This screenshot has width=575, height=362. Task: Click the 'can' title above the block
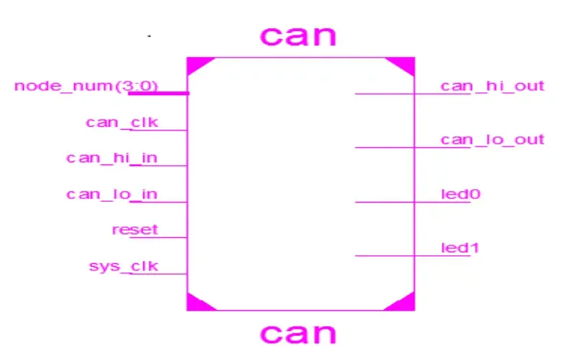pos(298,36)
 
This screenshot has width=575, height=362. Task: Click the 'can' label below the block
pos(298,333)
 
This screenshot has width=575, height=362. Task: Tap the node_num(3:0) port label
pos(86,87)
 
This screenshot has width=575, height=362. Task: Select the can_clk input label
pos(122,123)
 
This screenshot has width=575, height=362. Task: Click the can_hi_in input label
pos(112,158)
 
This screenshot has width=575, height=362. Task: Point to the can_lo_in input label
pos(112,194)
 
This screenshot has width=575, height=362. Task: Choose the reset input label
pos(135,230)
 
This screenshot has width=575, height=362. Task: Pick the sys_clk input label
pos(124,266)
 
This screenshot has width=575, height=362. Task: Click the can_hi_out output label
pos(492,86)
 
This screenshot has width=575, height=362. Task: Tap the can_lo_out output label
pos(492,140)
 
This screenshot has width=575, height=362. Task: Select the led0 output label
pos(460,194)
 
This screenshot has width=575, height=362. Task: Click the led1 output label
pos(460,248)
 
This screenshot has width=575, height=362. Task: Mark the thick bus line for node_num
pos(159,94)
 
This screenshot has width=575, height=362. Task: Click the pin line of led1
pos(413,255)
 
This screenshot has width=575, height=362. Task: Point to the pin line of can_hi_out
pos(413,94)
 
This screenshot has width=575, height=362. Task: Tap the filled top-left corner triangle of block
pos(196,64)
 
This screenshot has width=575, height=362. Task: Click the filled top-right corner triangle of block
pos(406,64)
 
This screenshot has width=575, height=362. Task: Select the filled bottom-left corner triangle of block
pos(196,304)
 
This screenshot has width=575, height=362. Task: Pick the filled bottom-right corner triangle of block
pos(405,304)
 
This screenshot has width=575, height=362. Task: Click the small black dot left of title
pos(149,36)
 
